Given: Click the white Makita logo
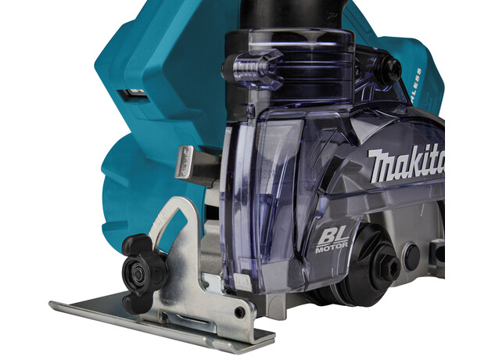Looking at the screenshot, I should [x=407, y=164].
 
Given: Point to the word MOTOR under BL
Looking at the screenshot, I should [x=330, y=248].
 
